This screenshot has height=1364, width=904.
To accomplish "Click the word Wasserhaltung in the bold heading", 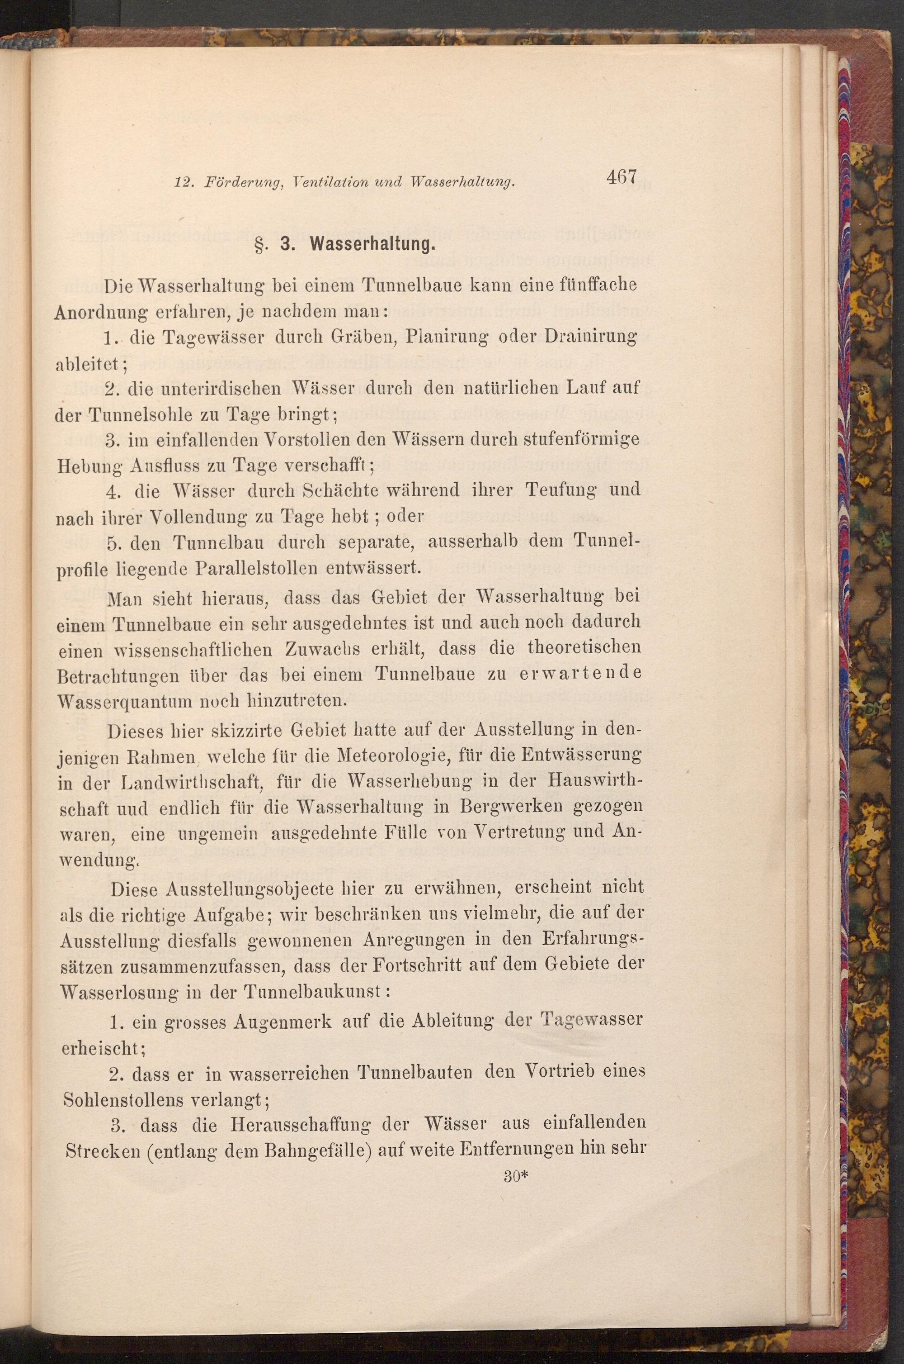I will coord(372,245).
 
